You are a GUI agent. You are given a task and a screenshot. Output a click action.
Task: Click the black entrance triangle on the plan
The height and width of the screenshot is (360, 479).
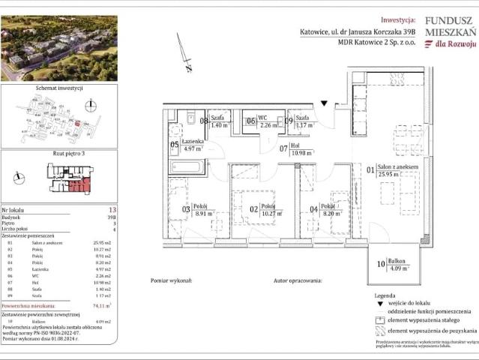[324, 103]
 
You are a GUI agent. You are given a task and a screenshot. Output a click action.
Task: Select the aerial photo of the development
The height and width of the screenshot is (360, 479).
[59, 48]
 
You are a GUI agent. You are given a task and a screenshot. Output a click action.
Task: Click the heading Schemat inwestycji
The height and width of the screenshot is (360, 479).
[58, 88]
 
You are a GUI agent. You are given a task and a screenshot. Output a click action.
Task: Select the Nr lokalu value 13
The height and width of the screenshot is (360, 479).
[112, 211]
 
